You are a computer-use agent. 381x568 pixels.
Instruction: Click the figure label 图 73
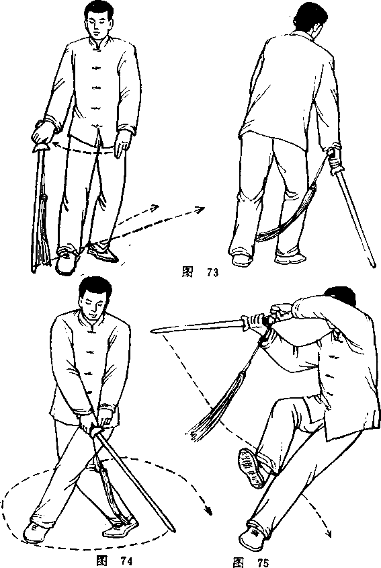(x=200, y=272)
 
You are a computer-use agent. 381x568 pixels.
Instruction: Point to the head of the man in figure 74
(x=95, y=298)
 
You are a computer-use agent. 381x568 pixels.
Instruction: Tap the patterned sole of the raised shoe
(x=251, y=467)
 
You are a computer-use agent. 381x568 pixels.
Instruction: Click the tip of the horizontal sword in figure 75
(x=151, y=330)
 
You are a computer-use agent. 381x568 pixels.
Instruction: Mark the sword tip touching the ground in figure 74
(x=173, y=530)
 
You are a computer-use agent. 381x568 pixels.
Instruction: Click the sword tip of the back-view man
(x=374, y=266)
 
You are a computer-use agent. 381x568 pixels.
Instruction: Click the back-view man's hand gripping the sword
(x=334, y=156)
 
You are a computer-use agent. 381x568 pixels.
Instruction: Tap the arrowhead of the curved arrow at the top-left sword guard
(x=55, y=145)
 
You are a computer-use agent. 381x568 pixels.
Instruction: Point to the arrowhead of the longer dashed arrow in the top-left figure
(x=200, y=209)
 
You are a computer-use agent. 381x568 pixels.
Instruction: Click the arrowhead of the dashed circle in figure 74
(x=208, y=510)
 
